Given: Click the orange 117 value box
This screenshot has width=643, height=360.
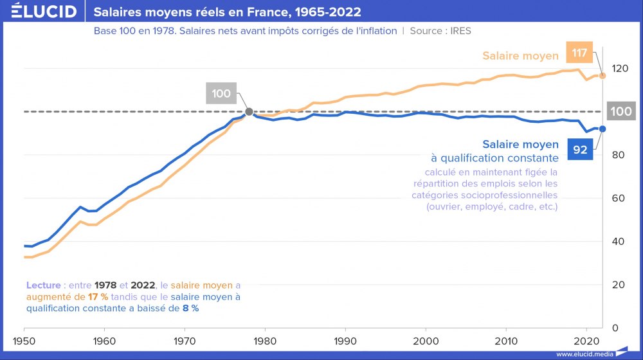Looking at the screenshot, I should click(579, 53).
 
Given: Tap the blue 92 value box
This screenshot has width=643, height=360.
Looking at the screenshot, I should click(580, 149).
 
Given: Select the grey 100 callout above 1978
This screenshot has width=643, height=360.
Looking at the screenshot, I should click(221, 93).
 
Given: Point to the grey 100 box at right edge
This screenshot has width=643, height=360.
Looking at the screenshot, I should click(620, 111).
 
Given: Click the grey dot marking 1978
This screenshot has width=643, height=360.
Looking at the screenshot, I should click(249, 112).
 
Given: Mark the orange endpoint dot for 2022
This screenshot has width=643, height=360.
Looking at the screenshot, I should click(602, 75).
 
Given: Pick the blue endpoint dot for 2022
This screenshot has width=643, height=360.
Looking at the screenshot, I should click(602, 129).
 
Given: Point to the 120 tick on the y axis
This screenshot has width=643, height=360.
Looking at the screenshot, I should click(619, 68).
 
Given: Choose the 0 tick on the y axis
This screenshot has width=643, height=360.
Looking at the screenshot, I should click(614, 328).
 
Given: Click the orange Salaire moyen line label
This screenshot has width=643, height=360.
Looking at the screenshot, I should click(520, 56).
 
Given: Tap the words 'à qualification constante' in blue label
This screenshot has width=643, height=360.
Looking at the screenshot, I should click(494, 157).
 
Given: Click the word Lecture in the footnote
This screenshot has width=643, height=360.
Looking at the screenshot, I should click(44, 285).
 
